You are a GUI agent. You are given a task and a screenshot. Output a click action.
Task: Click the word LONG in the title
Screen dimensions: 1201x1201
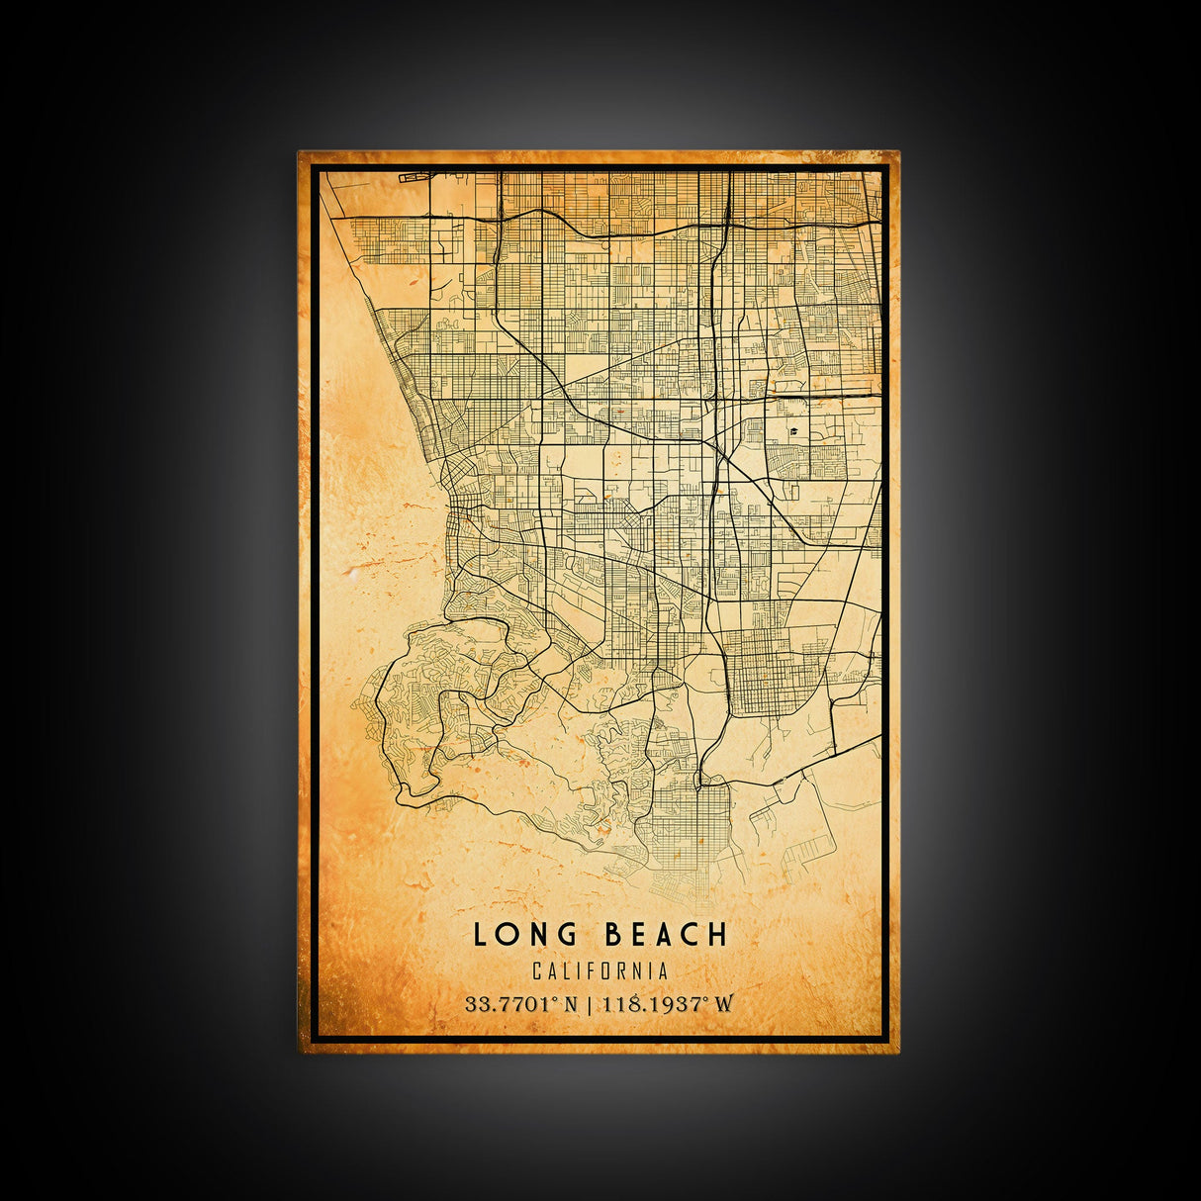pos(524,935)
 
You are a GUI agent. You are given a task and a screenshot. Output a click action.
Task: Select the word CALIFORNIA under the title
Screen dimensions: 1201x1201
pos(600,972)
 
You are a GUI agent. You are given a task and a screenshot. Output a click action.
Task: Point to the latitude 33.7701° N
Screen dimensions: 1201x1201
pos(521,1004)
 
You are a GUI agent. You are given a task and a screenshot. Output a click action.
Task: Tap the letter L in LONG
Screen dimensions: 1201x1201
pos(480,935)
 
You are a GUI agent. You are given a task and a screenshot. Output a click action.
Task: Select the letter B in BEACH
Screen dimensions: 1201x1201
pos(612,935)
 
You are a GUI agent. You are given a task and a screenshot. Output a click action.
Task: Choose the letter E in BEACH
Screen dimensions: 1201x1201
pos(639,935)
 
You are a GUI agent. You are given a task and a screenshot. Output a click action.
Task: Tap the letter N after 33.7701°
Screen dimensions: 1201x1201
pos(571,1004)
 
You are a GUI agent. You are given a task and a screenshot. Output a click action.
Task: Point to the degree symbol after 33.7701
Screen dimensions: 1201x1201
pos(556,1000)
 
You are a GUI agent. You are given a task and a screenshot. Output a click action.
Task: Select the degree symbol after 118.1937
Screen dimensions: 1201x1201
pos(706,1000)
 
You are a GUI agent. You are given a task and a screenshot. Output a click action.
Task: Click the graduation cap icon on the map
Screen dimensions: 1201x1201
pos(792,431)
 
